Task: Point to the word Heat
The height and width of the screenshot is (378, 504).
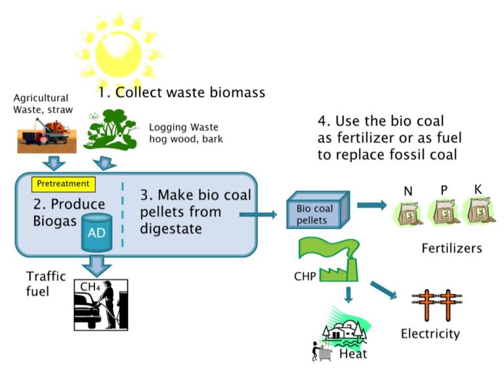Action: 354,354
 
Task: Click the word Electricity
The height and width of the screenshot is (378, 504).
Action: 430,334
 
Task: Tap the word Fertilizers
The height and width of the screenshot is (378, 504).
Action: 451,249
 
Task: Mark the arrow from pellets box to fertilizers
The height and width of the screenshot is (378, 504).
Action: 371,205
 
